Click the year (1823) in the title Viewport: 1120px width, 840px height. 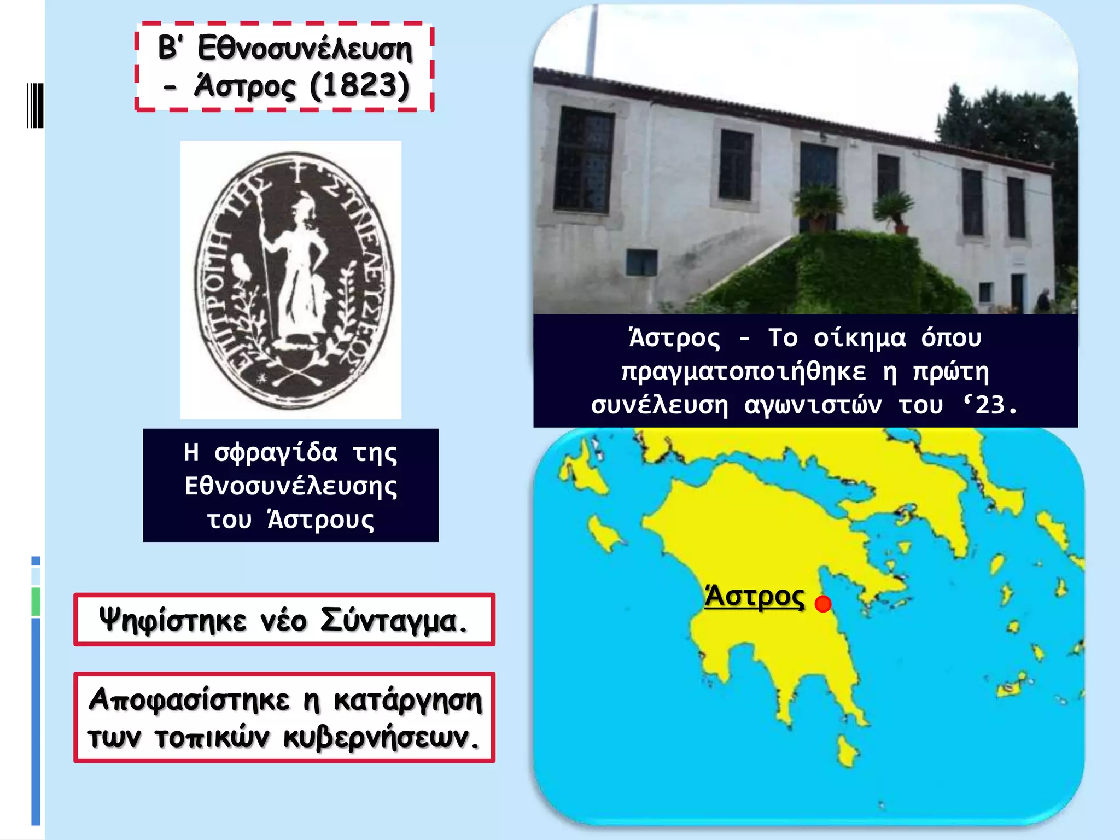(x=359, y=86)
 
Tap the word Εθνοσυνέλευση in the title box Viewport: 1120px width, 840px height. (x=304, y=49)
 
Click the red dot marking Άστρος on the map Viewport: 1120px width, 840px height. (x=822, y=604)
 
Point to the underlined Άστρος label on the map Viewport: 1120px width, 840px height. (x=754, y=597)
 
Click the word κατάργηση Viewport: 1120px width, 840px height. (x=408, y=701)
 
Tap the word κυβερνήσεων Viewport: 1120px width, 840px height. (x=381, y=738)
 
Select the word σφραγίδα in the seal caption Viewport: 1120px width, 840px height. (x=276, y=453)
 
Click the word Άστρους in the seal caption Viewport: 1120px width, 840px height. (x=321, y=520)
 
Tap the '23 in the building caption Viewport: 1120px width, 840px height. (x=990, y=405)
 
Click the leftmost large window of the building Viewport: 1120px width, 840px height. (x=584, y=160)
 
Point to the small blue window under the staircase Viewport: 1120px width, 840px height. (x=641, y=262)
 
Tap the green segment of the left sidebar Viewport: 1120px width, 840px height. (x=36, y=602)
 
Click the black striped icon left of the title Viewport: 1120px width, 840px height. (x=35, y=105)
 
